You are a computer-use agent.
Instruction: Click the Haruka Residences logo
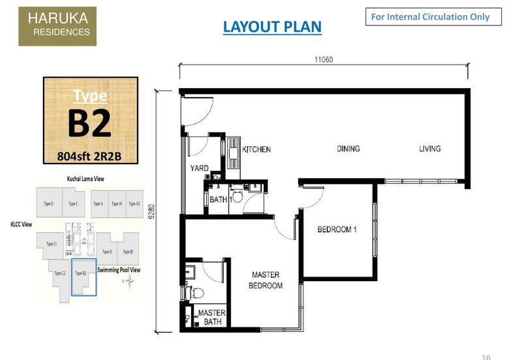pyautogui.click(x=57, y=27)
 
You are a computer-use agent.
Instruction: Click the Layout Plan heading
pyautogui.click(x=272, y=27)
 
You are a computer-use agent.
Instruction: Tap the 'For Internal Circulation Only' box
pyautogui.click(x=433, y=17)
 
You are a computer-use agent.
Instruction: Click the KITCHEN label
pyautogui.click(x=256, y=149)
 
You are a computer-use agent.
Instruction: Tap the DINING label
pyautogui.click(x=348, y=149)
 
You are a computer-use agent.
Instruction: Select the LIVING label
pyautogui.click(x=429, y=149)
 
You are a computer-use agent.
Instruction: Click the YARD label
pyautogui.click(x=199, y=168)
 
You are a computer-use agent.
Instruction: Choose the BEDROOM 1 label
pyautogui.click(x=337, y=230)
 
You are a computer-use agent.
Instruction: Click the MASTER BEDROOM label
pyautogui.click(x=266, y=280)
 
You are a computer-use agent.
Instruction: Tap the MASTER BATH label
pyautogui.click(x=211, y=317)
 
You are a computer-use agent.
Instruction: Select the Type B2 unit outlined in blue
pyautogui.click(x=83, y=277)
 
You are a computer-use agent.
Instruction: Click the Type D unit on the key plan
pyautogui.click(x=48, y=203)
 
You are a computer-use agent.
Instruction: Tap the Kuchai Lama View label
pyautogui.click(x=86, y=177)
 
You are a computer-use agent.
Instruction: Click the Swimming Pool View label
pyautogui.click(x=119, y=269)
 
